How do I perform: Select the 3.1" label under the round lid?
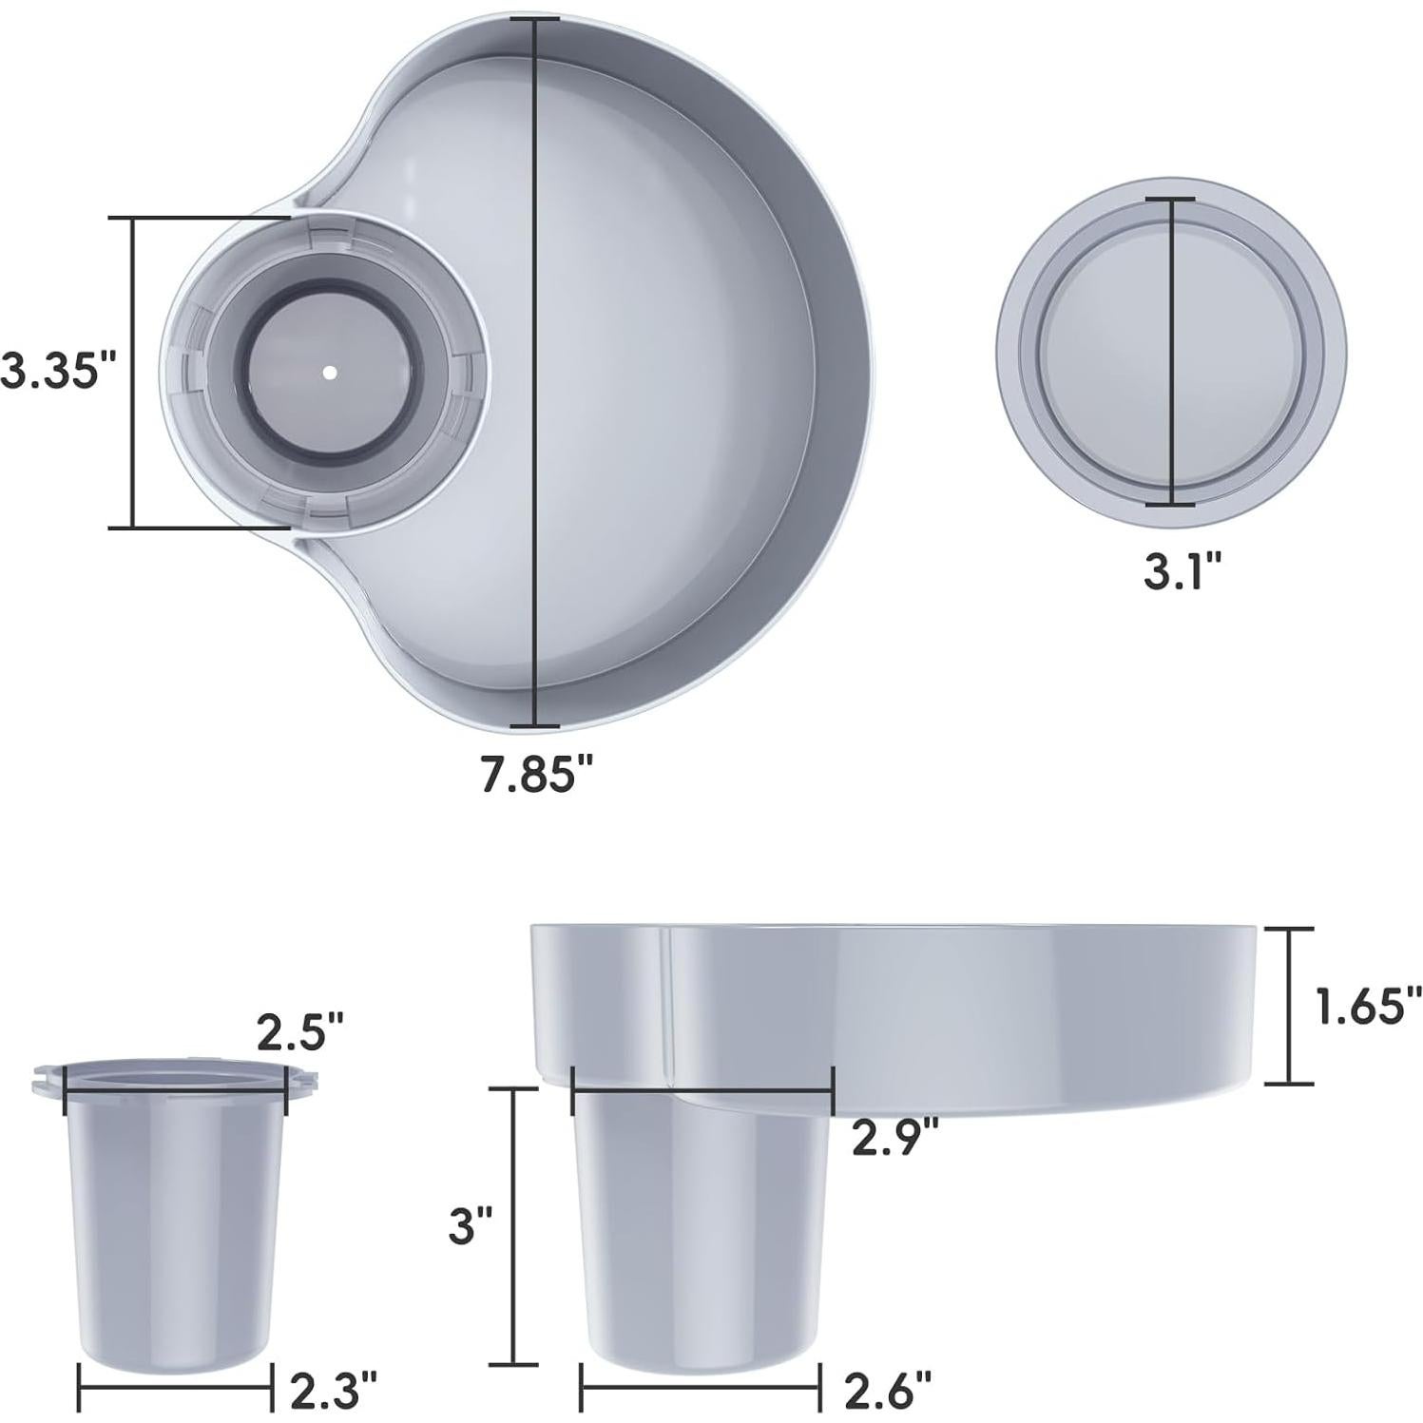pyautogui.click(x=1182, y=571)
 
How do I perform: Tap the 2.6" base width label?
pyautogui.click(x=888, y=1391)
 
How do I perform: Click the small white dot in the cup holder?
pyautogui.click(x=329, y=373)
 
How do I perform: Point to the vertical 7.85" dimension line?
pyautogui.click(x=536, y=380)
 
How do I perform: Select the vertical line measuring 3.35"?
pyautogui.click(x=134, y=372)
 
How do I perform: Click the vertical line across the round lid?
pyautogui.click(x=1170, y=352)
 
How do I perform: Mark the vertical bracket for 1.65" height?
pyautogui.click(x=1288, y=1006)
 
